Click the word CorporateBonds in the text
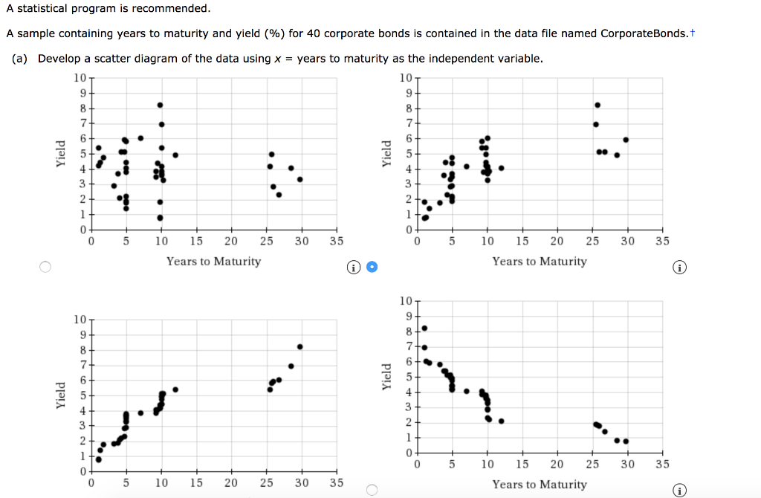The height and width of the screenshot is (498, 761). click(x=644, y=33)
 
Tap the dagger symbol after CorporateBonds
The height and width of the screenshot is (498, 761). click(x=693, y=33)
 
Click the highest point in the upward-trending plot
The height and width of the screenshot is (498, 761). click(x=299, y=346)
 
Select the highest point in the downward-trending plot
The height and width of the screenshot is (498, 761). click(x=424, y=328)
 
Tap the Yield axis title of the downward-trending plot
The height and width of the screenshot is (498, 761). click(x=386, y=376)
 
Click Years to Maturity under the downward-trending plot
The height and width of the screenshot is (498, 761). click(x=539, y=485)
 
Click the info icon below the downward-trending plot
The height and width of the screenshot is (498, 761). click(x=679, y=489)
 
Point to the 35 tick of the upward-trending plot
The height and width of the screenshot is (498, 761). click(x=336, y=482)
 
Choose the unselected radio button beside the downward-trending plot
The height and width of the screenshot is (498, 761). click(x=372, y=489)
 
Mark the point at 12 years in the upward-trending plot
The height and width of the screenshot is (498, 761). click(x=175, y=389)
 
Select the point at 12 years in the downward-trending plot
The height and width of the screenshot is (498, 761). click(x=501, y=421)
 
